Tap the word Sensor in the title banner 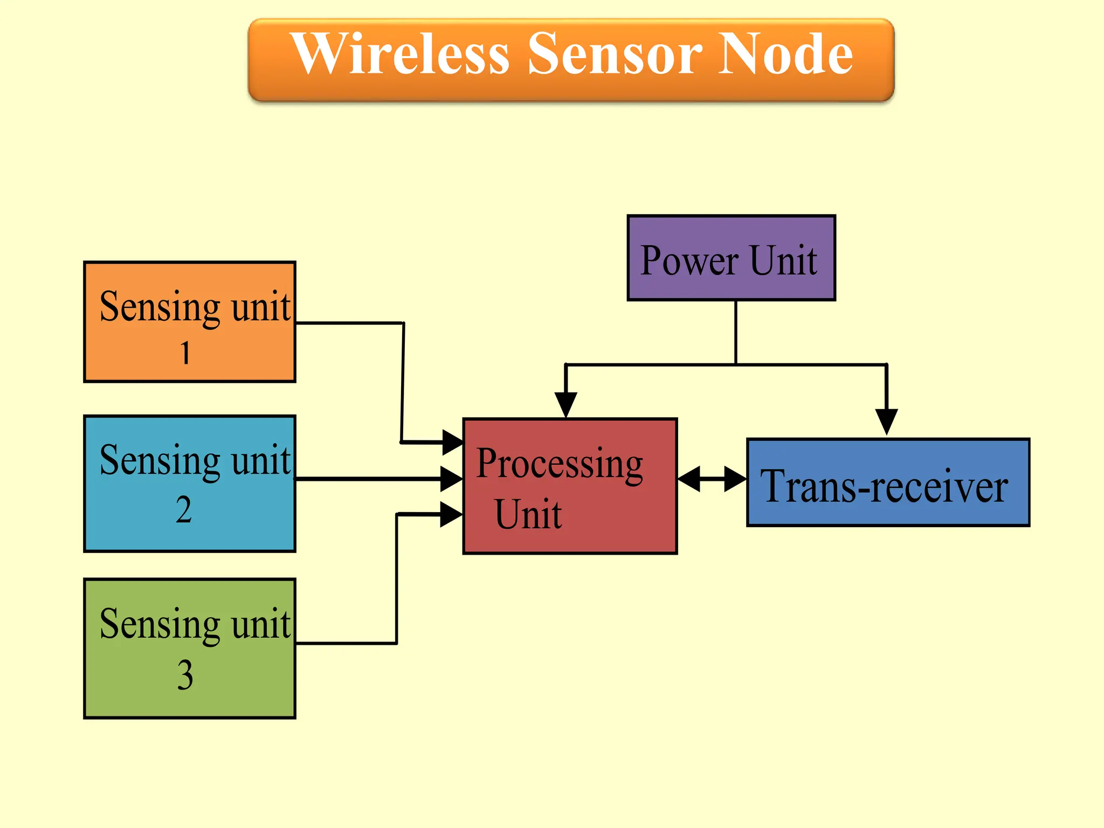tap(615, 54)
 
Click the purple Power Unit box tap(731, 258)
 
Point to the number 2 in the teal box tap(184, 510)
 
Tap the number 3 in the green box tap(185, 675)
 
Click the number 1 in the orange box tap(185, 354)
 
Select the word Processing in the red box tap(560, 465)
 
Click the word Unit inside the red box tap(528, 514)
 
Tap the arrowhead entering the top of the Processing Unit tap(566, 404)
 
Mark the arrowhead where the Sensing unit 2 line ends tap(451, 479)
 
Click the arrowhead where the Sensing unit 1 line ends tap(452, 443)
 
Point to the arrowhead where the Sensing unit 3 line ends tap(451, 514)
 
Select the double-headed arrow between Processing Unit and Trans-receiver tap(712, 479)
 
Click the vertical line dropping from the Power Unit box tap(736, 332)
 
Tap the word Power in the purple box tap(689, 261)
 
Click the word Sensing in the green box tap(160, 624)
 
